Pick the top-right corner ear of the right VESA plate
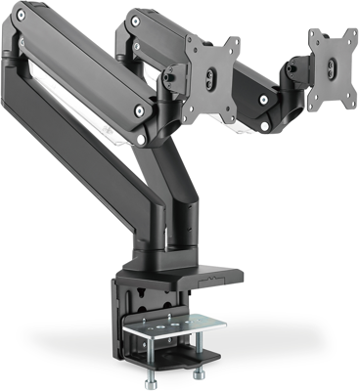[x=349, y=36]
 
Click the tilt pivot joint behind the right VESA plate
[x=293, y=71]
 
